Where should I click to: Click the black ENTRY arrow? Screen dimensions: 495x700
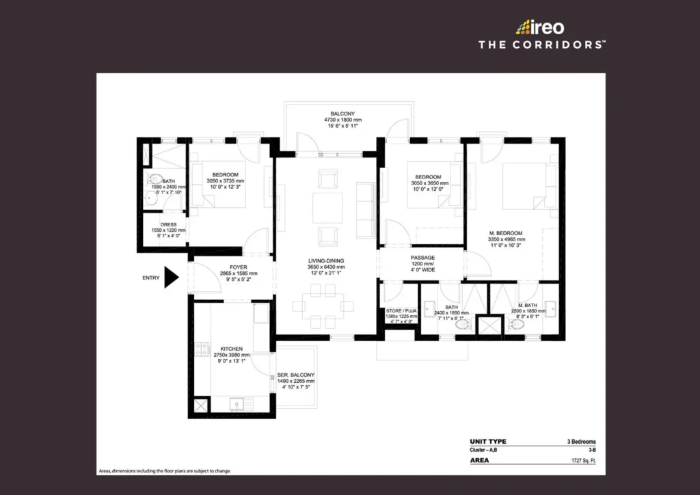(171, 278)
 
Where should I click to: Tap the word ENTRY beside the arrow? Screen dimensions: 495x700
(152, 278)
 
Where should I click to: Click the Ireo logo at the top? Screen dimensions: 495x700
(539, 27)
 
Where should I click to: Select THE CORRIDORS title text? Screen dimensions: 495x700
(541, 44)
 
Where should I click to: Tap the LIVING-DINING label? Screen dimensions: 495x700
(325, 260)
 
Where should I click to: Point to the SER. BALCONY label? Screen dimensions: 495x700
(296, 375)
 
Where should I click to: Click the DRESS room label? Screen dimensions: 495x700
(168, 224)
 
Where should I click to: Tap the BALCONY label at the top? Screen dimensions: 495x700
(342, 113)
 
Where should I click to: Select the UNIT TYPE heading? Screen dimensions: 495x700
(488, 442)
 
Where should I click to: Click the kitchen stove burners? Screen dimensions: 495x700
(201, 351)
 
